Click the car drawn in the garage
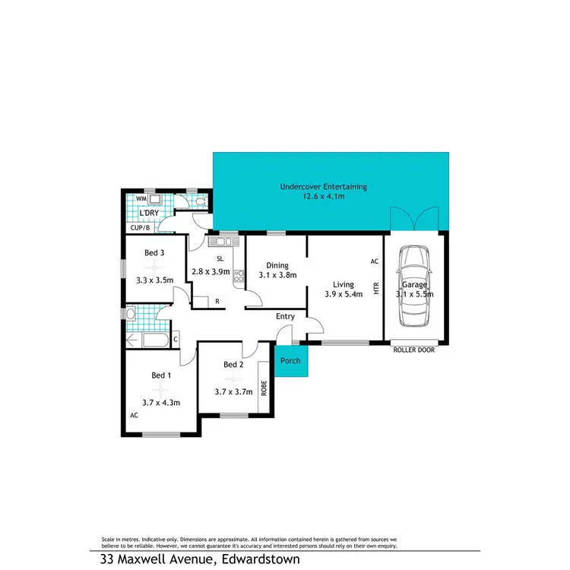tap(415, 285)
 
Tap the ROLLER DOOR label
tap(415, 350)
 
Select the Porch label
tap(291, 360)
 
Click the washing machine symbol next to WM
tap(155, 199)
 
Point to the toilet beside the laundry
tap(200, 201)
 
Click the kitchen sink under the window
tap(223, 242)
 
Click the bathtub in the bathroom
tap(142, 340)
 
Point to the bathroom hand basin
tap(131, 314)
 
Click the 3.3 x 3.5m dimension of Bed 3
tap(154, 280)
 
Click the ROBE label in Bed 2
tap(264, 388)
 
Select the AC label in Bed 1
tap(134, 416)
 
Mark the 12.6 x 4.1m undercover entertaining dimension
tap(324, 196)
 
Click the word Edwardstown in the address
tap(261, 559)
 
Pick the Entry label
tap(285, 316)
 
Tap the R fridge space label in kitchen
tap(217, 302)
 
